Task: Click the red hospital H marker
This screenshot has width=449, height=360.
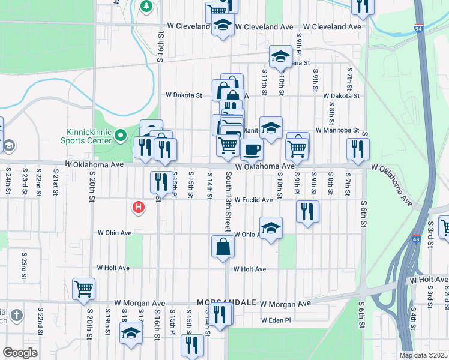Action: [x=139, y=208]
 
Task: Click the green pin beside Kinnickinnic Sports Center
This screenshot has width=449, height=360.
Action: [x=120, y=135]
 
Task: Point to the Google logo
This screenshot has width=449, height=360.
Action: [x=20, y=352]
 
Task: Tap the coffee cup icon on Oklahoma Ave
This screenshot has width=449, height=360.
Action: [x=252, y=149]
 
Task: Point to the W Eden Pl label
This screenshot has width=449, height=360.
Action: [x=276, y=320]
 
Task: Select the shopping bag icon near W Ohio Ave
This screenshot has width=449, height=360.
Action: [x=223, y=247]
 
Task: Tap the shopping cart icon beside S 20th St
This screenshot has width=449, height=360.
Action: [x=83, y=288]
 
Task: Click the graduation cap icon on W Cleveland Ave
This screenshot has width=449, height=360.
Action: [x=223, y=26]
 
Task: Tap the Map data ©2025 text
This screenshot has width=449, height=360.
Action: [x=424, y=355]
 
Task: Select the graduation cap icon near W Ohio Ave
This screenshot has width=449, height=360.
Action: [x=271, y=227]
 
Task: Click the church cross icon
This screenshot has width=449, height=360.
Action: [x=16, y=315]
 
